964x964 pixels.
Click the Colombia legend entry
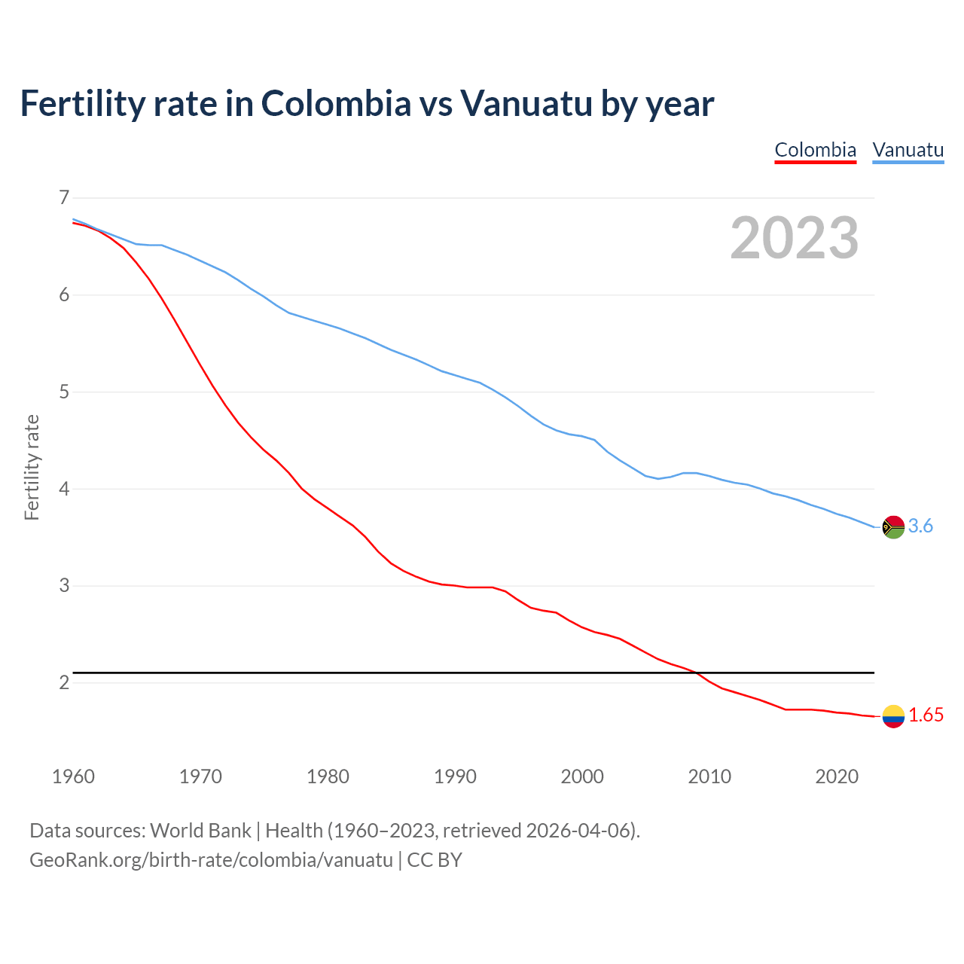click(815, 150)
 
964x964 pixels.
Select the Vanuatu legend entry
click(908, 150)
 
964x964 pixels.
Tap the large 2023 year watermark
click(794, 238)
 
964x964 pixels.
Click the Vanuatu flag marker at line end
click(892, 527)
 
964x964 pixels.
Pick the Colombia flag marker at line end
click(892, 716)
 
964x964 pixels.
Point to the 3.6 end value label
click(920, 526)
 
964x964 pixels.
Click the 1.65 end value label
click(926, 715)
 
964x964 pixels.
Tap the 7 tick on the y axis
click(63, 198)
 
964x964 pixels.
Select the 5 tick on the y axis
click(63, 392)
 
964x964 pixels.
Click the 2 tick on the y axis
click(63, 683)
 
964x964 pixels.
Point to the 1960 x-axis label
click(73, 776)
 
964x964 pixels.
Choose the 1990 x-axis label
click(455, 776)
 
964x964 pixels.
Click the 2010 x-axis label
click(709, 776)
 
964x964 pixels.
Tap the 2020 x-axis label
click(837, 776)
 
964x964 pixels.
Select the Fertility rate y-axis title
click(32, 467)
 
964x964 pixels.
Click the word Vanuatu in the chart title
click(526, 104)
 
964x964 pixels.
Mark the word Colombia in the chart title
click(336, 104)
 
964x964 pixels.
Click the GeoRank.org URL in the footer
click(211, 860)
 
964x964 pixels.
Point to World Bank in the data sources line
click(200, 831)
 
